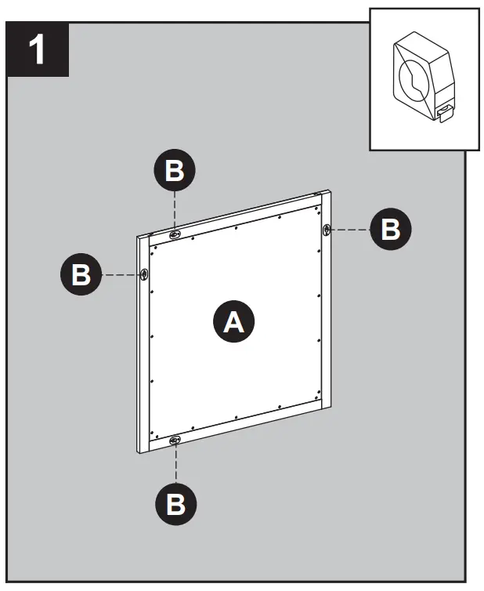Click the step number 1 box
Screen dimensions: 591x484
click(x=38, y=50)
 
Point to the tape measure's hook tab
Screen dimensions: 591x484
click(x=444, y=114)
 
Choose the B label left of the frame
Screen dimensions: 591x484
click(x=81, y=275)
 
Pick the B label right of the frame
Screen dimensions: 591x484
click(x=389, y=230)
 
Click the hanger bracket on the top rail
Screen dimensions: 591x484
click(x=175, y=233)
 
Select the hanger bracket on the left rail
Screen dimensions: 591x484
click(x=145, y=274)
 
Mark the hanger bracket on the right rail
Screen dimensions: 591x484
click(x=327, y=229)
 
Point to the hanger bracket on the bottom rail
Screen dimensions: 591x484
click(x=175, y=441)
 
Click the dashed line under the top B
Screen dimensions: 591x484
click(x=175, y=210)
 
